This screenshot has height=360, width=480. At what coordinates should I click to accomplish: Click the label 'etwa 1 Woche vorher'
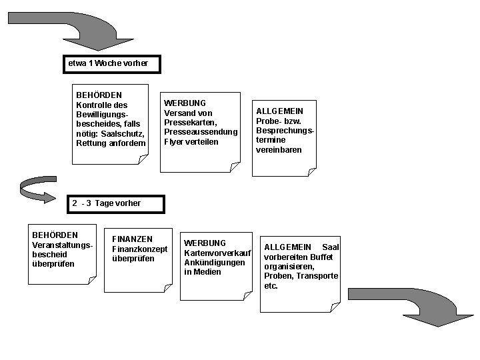click(107, 64)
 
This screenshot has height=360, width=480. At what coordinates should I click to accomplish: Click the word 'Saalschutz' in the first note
click(123, 134)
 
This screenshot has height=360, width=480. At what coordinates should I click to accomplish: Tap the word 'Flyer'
click(175, 142)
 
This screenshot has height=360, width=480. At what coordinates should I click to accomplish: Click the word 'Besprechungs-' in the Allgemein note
click(285, 131)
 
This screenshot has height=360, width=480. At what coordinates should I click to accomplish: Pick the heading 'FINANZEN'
click(132, 239)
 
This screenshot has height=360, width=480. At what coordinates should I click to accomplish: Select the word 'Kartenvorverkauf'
click(217, 253)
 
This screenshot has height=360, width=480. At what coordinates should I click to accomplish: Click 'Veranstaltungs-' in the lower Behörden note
click(62, 245)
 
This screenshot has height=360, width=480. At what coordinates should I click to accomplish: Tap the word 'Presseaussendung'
click(200, 132)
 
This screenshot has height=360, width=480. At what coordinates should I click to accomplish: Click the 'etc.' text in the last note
click(271, 286)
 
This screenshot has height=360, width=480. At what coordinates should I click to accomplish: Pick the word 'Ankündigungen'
click(214, 263)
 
